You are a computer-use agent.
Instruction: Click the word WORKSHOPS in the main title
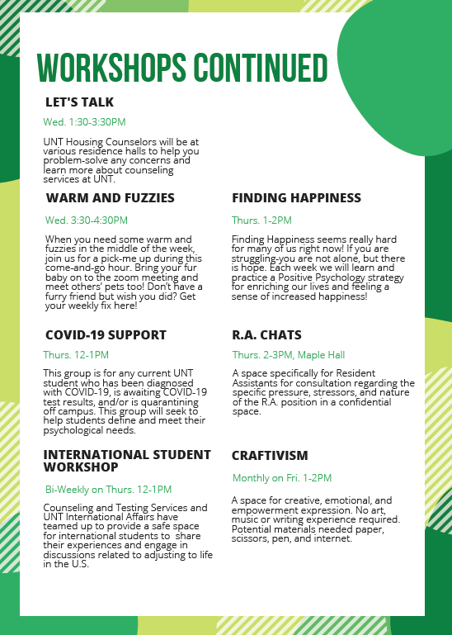pyautogui.click(x=111, y=68)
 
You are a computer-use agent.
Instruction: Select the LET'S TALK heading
pyautogui.click(x=79, y=102)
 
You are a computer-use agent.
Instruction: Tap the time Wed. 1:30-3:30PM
pyautogui.click(x=84, y=122)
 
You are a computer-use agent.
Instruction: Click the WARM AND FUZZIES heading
pyautogui.click(x=111, y=198)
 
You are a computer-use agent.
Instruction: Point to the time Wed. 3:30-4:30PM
pyautogui.click(x=87, y=220)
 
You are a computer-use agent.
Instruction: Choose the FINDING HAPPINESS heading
pyautogui.click(x=296, y=198)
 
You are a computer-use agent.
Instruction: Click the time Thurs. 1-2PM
pyautogui.click(x=261, y=220)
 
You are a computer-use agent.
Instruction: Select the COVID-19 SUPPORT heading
pyautogui.click(x=106, y=335)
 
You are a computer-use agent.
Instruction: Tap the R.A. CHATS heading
pyautogui.click(x=266, y=335)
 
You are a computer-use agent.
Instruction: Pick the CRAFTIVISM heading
pyautogui.click(x=270, y=456)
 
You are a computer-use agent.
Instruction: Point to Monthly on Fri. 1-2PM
pyautogui.click(x=282, y=478)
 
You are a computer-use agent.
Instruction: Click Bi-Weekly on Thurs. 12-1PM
pyautogui.click(x=108, y=490)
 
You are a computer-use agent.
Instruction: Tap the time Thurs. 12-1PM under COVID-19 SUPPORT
pyautogui.click(x=76, y=355)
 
